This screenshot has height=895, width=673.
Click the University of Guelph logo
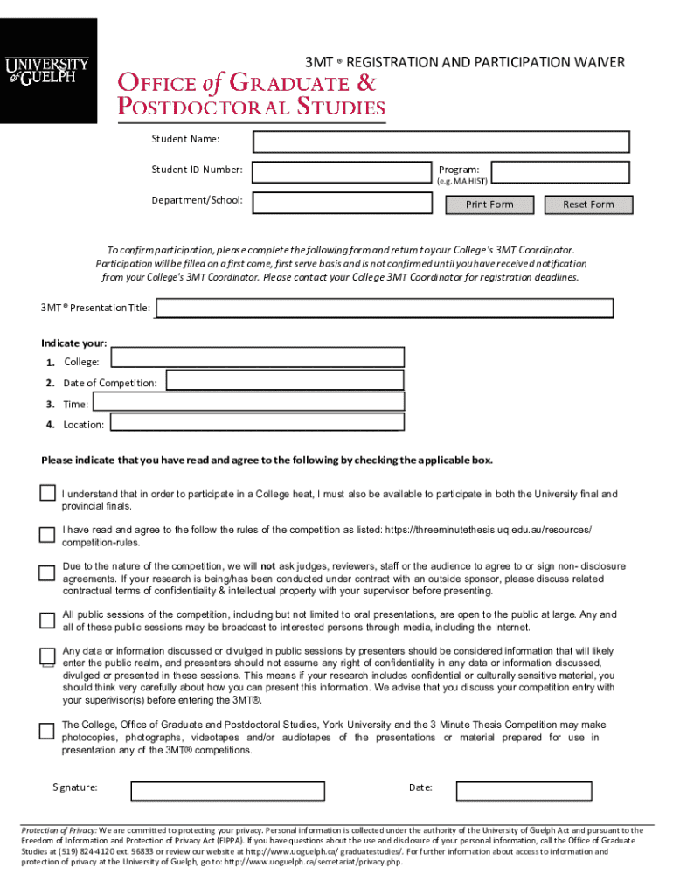(48, 71)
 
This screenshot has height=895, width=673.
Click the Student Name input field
(441, 142)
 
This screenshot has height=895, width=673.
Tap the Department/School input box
(342, 203)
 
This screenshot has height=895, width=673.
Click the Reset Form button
(588, 205)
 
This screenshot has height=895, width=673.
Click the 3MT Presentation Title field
(384, 308)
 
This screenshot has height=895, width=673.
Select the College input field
(258, 357)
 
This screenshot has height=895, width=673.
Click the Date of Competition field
(285, 380)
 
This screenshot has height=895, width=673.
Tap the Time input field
(248, 402)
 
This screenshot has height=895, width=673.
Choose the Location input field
(255, 423)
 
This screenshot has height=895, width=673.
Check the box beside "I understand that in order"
(47, 494)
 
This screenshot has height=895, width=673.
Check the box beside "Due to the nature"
(47, 573)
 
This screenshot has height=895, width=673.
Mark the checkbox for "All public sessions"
(47, 621)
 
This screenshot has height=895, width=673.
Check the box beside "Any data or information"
(47, 657)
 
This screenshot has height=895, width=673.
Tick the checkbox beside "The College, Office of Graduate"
(47, 730)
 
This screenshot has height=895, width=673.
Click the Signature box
(227, 791)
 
